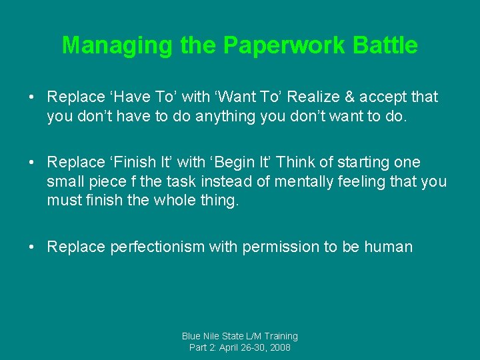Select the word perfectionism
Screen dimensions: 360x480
[x=157, y=247]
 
